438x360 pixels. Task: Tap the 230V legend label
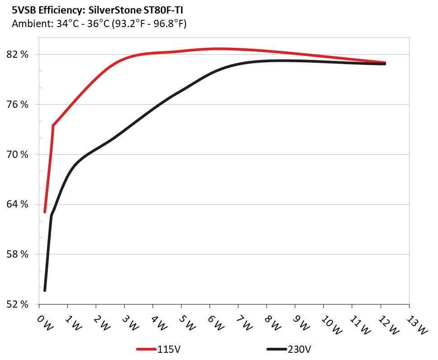tap(299, 349)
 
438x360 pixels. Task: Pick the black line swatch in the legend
tap(277, 349)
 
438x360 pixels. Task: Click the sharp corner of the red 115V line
tap(53, 125)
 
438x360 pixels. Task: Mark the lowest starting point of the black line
tap(45, 290)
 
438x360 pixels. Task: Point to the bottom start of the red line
tap(45, 212)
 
